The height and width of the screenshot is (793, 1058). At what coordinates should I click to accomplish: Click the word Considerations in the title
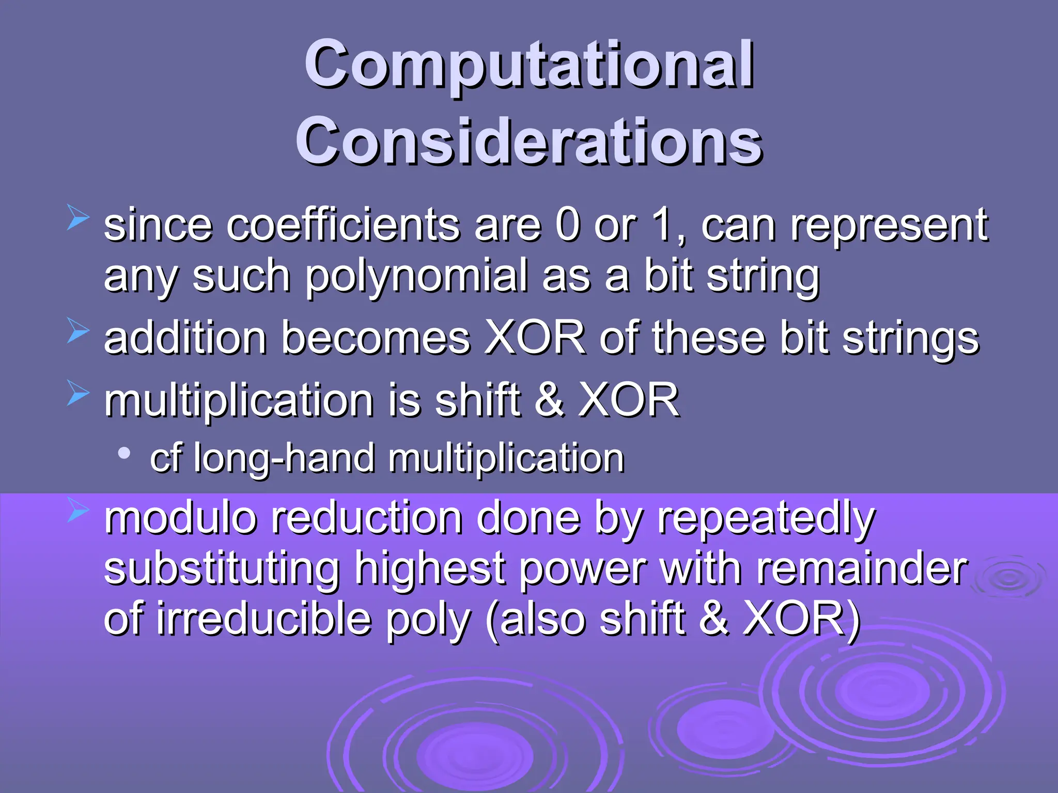coord(529,140)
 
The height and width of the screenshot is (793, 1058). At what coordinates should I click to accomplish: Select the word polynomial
coord(416,277)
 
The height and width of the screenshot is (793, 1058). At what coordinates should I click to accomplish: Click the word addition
coord(185,338)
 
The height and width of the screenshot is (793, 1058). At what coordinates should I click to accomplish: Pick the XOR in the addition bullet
coord(535,338)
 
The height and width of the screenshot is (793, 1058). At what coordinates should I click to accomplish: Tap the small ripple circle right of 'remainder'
coord(1008,578)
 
